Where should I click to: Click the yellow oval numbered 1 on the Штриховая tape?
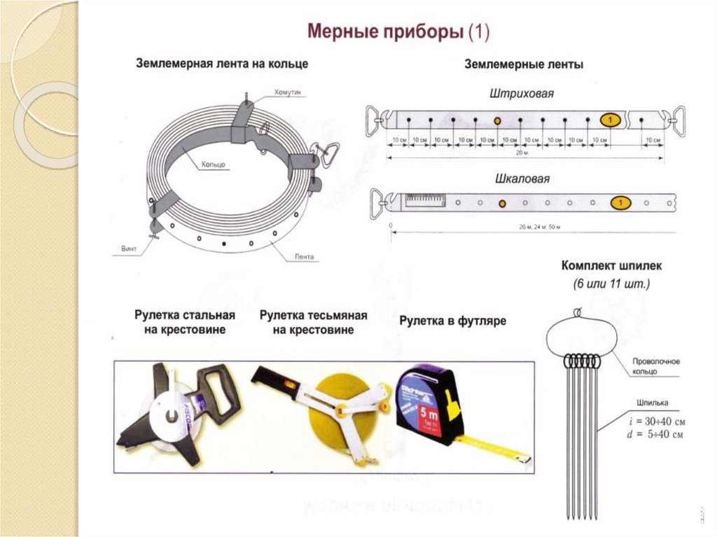611,121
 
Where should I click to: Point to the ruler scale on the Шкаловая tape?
424,202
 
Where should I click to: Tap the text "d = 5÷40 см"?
656,435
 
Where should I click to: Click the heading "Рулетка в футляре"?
452,321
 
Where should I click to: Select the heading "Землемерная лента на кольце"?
221,64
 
